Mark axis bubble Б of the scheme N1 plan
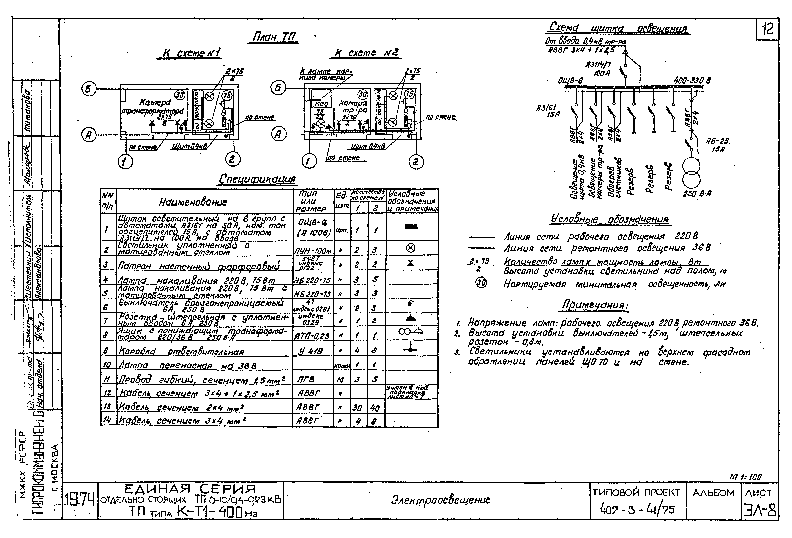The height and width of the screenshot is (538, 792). [89, 89]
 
